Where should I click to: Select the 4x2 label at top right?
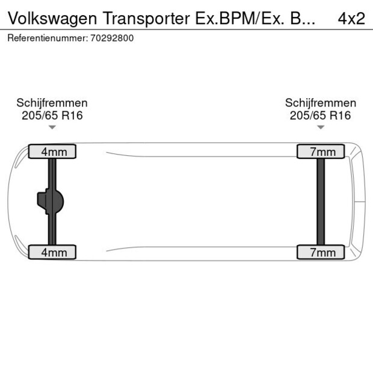pyautogui.click(x=351, y=18)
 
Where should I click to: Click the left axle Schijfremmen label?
pyautogui.click(x=52, y=103)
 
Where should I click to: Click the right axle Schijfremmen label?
pyautogui.click(x=321, y=103)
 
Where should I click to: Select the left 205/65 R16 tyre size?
pyautogui.click(x=52, y=116)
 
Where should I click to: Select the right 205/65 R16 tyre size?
pyautogui.click(x=321, y=116)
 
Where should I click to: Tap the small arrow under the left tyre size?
pyautogui.click(x=52, y=128)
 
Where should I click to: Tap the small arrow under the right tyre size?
pyautogui.click(x=321, y=128)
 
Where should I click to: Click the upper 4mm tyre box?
pyautogui.click(x=53, y=152)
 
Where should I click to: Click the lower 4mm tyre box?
pyautogui.click(x=53, y=252)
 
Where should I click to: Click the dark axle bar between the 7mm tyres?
pyautogui.click(x=321, y=202)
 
